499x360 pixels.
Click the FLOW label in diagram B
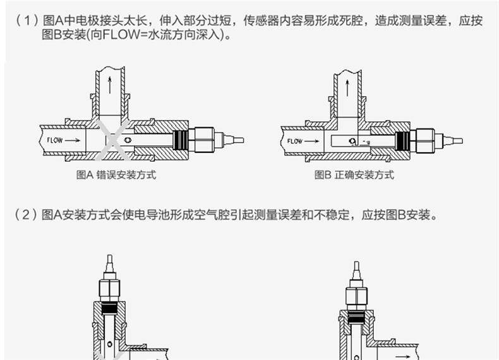click(295, 140)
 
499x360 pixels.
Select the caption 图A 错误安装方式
click(116, 175)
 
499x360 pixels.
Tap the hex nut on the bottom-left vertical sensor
click(111, 289)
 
